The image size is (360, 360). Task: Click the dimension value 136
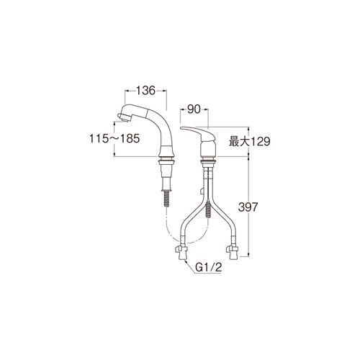tap(147, 91)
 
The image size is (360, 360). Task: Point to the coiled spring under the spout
tap(166, 194)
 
